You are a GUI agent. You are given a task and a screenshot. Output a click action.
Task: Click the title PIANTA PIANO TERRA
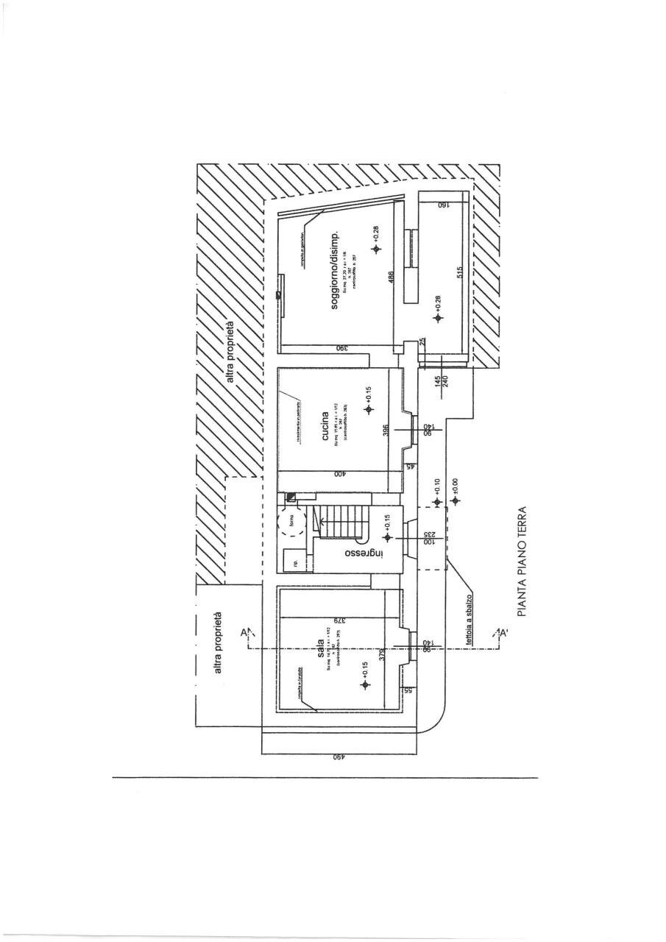coord(524,560)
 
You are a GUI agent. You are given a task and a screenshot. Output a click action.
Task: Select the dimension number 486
coord(392,278)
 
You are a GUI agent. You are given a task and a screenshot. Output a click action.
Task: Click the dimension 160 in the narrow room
coord(443,205)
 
